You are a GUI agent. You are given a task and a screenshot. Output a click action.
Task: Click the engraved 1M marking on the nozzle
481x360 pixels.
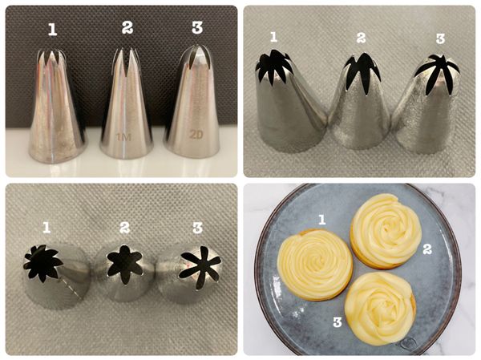click(x=124, y=137)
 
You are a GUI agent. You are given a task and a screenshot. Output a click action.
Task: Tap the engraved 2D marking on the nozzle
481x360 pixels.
click(x=196, y=135)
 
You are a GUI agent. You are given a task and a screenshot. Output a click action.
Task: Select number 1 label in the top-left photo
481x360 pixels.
click(x=52, y=30)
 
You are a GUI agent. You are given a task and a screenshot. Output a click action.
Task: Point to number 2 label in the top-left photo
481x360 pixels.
click(x=127, y=27)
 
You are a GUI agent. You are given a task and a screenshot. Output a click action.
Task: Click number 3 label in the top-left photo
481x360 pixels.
click(x=197, y=27)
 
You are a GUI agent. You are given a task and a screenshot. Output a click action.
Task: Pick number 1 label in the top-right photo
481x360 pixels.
click(x=274, y=37)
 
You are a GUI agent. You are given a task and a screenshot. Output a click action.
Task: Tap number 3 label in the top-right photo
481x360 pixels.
click(x=440, y=38)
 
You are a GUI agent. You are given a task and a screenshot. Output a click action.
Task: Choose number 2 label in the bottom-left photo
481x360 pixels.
click(x=124, y=228)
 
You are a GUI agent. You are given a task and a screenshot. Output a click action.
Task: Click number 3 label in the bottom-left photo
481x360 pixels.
click(x=198, y=228)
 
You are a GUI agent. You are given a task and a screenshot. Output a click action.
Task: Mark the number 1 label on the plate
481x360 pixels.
click(x=321, y=220)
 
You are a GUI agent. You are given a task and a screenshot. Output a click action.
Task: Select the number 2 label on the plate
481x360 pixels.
click(x=427, y=249)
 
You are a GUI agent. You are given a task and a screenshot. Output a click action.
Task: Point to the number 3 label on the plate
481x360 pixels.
click(x=338, y=322)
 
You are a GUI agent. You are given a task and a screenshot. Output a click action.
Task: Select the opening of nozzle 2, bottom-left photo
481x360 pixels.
click(x=124, y=263)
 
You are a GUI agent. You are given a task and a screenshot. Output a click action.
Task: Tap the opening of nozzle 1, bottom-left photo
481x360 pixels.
click(x=42, y=263)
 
